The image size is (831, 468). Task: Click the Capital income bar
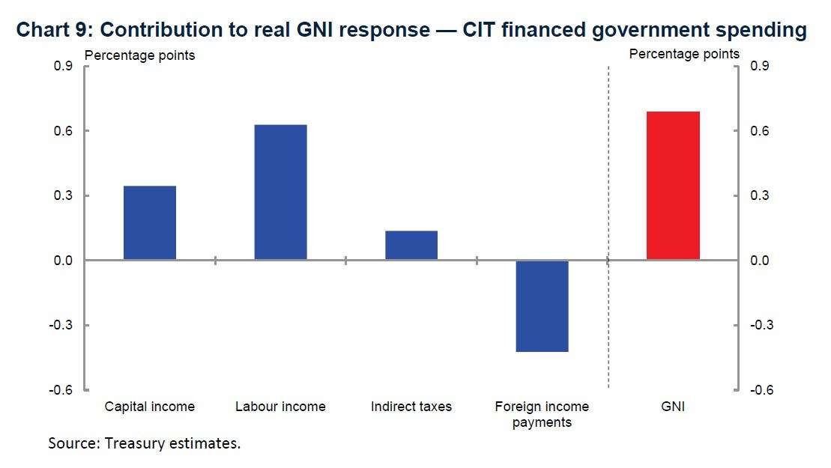(150, 222)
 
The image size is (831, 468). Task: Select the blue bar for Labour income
(280, 192)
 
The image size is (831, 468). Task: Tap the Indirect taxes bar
(411, 245)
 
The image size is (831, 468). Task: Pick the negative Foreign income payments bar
(542, 306)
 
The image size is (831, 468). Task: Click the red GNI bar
(673, 186)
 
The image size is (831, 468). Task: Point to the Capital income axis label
(150, 407)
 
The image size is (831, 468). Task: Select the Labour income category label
(280, 407)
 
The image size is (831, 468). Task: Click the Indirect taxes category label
(411, 407)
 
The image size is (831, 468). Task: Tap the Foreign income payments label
(542, 414)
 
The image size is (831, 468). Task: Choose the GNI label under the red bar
(673, 407)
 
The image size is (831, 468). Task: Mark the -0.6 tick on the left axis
(61, 390)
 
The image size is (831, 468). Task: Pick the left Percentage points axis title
(139, 55)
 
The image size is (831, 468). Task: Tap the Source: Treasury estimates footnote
(145, 443)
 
